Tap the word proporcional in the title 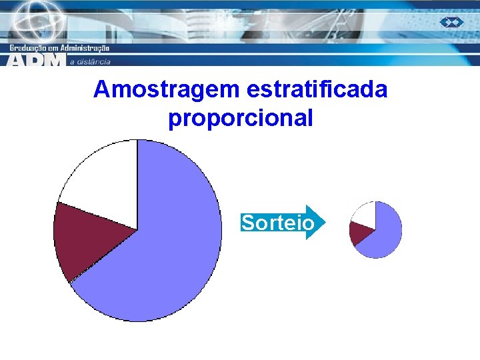point(241,119)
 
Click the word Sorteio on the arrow point(277,223)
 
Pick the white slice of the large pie point(107,177)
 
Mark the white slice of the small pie point(366,212)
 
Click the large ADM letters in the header point(37,60)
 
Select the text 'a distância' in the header point(89,62)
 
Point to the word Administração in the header point(85,48)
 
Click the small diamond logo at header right point(451,22)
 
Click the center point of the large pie point(137,230)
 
